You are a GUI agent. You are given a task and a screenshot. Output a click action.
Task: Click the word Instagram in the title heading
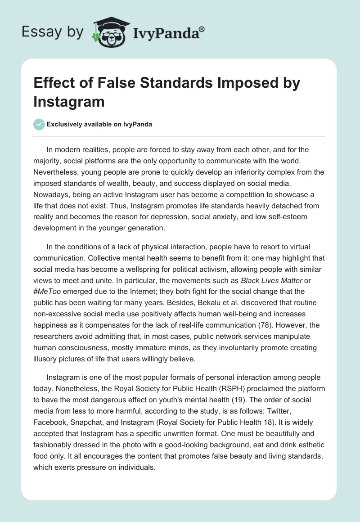coord(69,101)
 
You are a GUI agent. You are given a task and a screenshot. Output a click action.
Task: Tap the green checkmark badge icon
coord(39,124)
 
